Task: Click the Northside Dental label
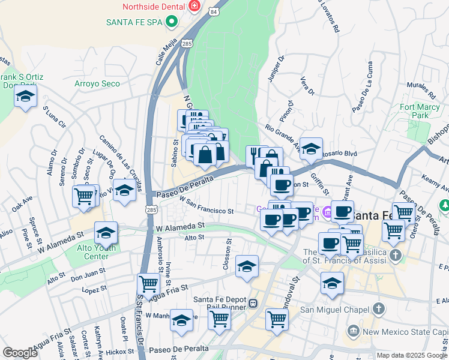point(153,7)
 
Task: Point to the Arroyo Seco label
point(97,83)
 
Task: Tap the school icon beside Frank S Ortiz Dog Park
point(25,97)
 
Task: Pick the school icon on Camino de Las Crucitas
point(124,191)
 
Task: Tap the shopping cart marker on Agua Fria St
point(148,283)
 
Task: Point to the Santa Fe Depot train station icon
point(254,304)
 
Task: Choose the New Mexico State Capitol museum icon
point(353,331)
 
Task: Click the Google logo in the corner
point(20,353)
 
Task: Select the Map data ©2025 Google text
point(411,355)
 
